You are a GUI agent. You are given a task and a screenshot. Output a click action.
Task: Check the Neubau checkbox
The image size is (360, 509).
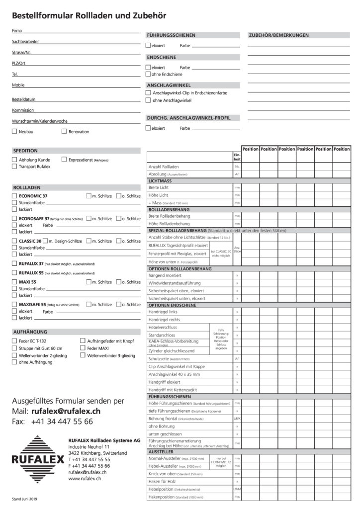point(14,132)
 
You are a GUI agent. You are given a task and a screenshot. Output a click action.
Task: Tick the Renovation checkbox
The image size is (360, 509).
point(64,132)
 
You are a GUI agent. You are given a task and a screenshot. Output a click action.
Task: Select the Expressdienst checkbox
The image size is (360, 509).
point(64,160)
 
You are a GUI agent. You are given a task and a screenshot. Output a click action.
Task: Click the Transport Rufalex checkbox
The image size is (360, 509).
point(14,167)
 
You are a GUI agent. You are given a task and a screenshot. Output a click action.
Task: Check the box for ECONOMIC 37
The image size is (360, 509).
point(14,196)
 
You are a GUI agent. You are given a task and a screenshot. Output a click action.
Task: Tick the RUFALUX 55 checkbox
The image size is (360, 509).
point(14,273)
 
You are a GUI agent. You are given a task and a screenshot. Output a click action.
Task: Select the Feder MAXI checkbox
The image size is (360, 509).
point(83,348)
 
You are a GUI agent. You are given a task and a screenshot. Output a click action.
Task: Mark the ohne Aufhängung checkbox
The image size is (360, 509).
point(14,362)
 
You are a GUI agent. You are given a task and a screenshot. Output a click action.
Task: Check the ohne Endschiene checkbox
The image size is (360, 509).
point(148,74)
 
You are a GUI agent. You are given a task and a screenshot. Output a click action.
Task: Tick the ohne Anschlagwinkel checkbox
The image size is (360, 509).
point(148,100)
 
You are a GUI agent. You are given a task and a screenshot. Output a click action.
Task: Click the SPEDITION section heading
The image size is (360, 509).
point(25,150)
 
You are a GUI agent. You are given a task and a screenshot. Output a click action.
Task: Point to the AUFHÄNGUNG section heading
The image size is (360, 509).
point(30,331)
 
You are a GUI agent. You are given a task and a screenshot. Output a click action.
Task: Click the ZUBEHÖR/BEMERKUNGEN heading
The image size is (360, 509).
point(278,35)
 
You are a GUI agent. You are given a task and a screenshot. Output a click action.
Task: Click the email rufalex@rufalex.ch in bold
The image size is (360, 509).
point(66,412)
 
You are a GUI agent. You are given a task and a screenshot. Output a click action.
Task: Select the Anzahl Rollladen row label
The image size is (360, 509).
point(164,167)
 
